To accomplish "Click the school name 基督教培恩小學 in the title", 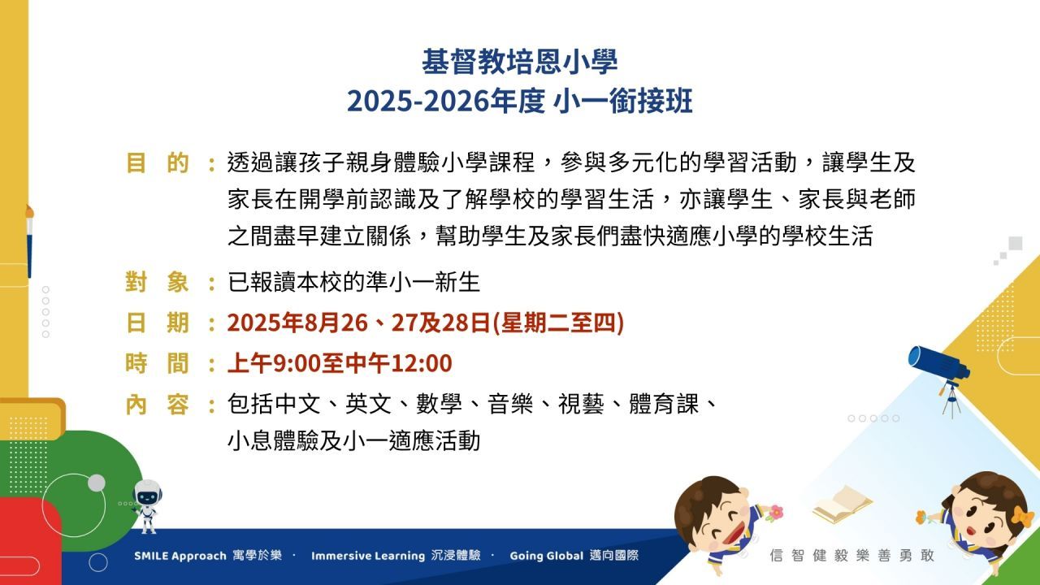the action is [519, 61].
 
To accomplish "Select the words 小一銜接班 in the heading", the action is [623, 102].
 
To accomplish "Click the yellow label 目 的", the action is [158, 163].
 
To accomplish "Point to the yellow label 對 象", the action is [158, 282].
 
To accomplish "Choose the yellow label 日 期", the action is [158, 323].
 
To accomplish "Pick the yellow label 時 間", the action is [158, 363].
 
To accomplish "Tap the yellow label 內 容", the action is [158, 405].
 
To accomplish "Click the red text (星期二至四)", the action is [557, 323].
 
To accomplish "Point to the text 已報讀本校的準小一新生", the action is [353, 282].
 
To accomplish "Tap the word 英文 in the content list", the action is [368, 404].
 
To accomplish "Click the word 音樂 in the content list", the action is [510, 404].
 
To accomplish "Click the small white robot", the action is [147, 506].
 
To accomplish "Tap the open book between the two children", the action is [843, 505].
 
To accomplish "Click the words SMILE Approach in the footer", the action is [180, 556].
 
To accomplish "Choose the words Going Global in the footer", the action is [547, 556].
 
